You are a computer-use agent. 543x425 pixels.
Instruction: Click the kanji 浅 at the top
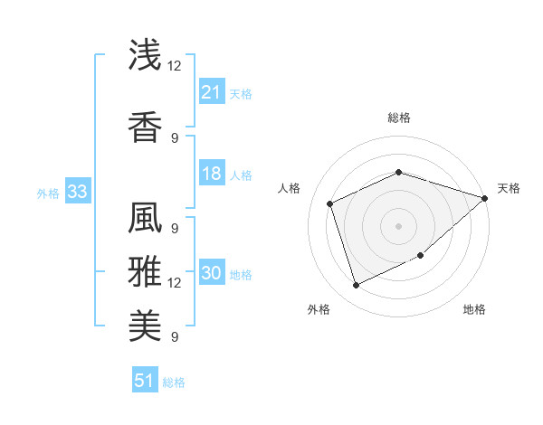point(146,55)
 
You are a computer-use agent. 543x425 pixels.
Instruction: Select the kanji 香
point(146,124)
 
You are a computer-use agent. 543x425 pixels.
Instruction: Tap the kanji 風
point(146,220)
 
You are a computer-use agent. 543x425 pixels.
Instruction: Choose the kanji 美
point(146,324)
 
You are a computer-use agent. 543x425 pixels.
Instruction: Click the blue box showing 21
point(211,92)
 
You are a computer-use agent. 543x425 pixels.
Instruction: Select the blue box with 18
point(211,174)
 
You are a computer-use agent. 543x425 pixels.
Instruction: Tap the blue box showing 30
point(211,274)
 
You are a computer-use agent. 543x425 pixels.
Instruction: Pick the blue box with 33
point(76,193)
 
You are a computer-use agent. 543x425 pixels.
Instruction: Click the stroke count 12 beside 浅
point(175,66)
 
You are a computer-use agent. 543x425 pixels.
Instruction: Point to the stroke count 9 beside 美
point(174,337)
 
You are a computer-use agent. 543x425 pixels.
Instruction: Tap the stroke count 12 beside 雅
point(175,283)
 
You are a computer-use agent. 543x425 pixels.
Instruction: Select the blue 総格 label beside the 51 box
point(174,382)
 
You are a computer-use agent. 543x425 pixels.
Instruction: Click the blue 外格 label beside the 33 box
point(47,194)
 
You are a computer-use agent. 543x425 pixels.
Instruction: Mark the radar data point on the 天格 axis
point(485,199)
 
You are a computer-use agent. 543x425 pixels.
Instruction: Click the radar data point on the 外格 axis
point(356,286)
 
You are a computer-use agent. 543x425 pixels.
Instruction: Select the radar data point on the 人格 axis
point(330,203)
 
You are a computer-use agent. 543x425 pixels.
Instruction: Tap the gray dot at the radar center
point(398,225)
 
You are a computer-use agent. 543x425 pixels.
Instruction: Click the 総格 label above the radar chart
point(399,118)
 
